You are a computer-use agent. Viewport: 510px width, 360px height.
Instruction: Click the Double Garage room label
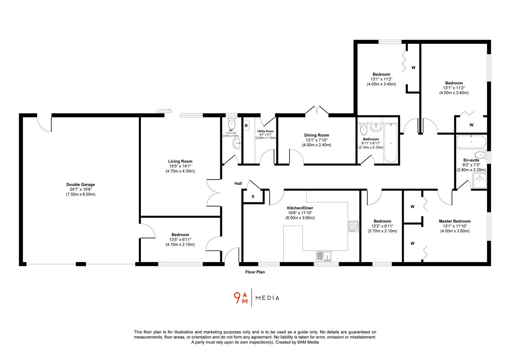click(x=80, y=184)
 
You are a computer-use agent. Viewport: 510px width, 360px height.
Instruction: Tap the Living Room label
click(x=180, y=161)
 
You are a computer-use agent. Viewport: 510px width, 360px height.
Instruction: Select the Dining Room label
click(x=316, y=135)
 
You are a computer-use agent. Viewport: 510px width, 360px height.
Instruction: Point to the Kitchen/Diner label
click(x=300, y=208)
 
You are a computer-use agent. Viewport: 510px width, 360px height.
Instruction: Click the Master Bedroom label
click(x=455, y=221)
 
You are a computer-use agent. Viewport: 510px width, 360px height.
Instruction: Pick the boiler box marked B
click(x=246, y=126)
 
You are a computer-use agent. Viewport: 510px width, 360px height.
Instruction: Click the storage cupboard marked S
click(x=253, y=197)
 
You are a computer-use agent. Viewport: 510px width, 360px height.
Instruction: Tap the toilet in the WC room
click(x=231, y=124)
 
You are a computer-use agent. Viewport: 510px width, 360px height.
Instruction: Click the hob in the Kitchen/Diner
click(x=353, y=226)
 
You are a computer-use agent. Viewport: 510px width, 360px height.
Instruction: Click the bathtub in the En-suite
click(x=471, y=141)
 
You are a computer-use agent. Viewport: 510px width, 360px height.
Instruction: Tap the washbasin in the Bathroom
click(x=376, y=127)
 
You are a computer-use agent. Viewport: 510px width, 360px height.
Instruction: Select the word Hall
click(x=238, y=184)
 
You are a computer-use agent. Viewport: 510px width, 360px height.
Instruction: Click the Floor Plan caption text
click(x=255, y=272)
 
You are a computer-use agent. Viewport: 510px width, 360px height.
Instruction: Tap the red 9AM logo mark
click(x=240, y=298)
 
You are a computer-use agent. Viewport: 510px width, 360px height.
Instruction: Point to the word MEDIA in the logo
click(x=267, y=298)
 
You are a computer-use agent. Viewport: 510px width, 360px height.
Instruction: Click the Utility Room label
click(x=265, y=131)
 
